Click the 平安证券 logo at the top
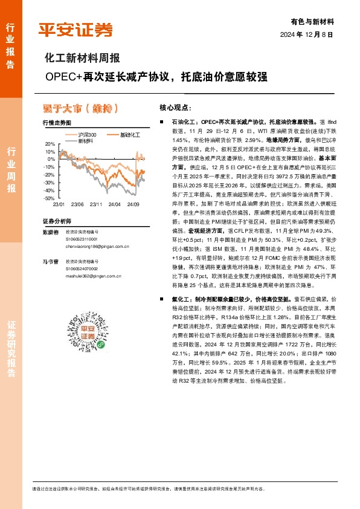pyautogui.click(x=76, y=30)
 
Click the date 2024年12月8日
pyautogui.click(x=307, y=34)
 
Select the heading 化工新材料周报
pyautogui.click(x=83, y=59)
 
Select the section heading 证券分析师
pyautogui.click(x=57, y=221)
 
